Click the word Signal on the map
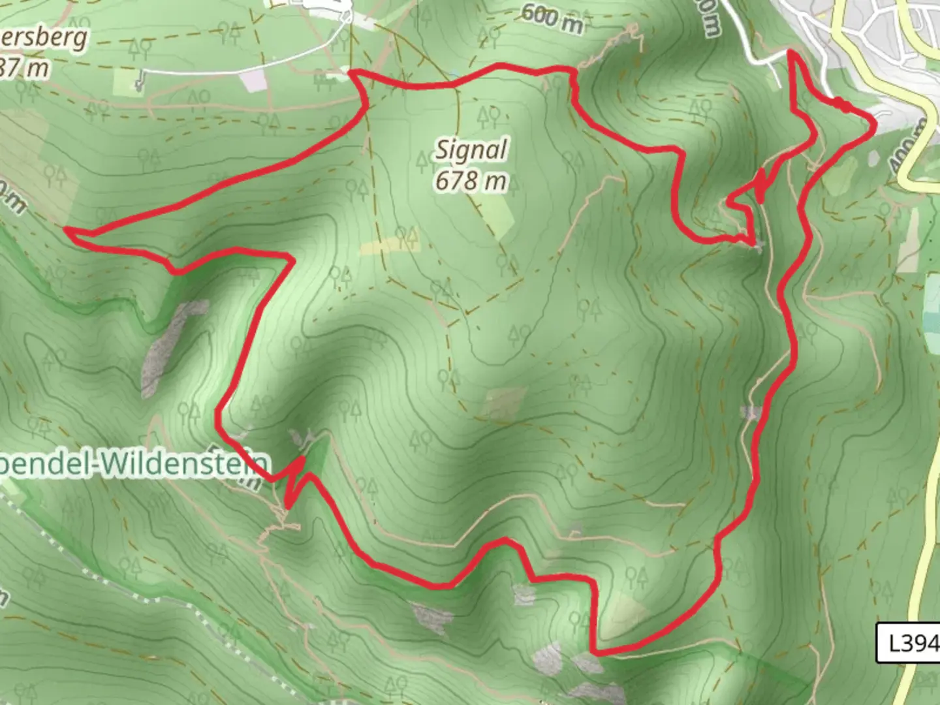(x=471, y=151)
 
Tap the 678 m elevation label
(x=471, y=180)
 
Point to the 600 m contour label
(x=552, y=18)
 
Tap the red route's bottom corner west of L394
(x=595, y=651)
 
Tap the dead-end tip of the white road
(x=139, y=86)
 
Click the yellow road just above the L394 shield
(x=923, y=587)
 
